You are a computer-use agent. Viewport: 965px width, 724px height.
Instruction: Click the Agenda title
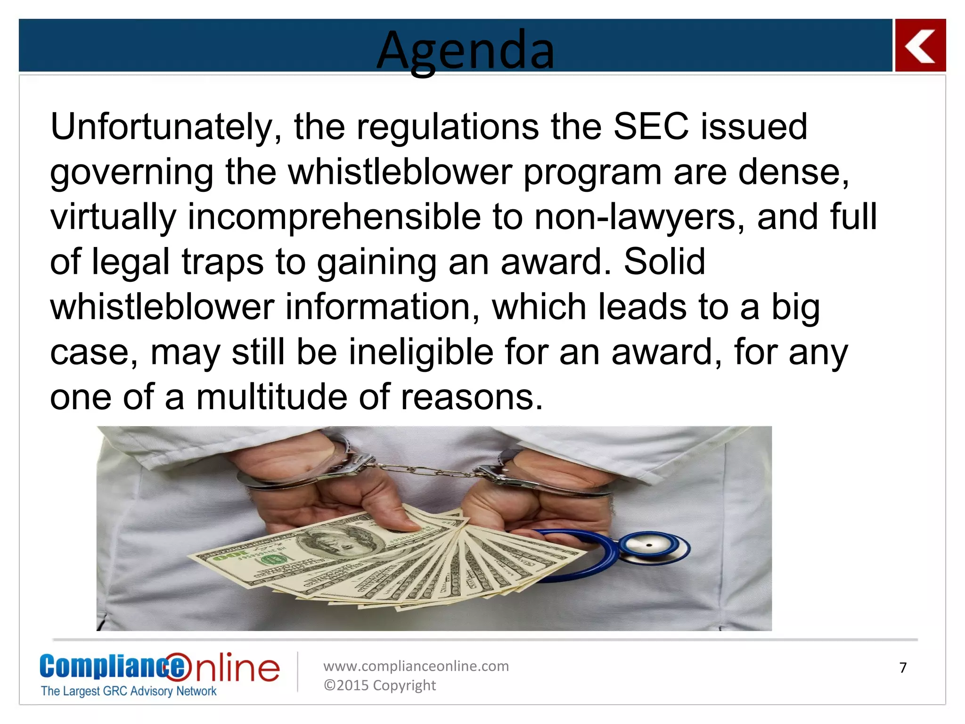click(466, 49)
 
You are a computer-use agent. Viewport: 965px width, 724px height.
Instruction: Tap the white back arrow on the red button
click(920, 46)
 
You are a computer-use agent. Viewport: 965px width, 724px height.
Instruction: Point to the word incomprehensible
click(334, 217)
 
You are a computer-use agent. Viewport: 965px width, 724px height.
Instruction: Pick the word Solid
click(664, 262)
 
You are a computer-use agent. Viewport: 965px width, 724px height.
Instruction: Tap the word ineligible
click(421, 352)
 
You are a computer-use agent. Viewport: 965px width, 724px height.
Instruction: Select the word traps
click(222, 263)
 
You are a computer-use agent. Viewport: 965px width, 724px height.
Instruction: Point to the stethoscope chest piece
click(653, 547)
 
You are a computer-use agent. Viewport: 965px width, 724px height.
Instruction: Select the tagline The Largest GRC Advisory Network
click(128, 691)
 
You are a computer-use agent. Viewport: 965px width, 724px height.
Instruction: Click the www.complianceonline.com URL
click(416, 666)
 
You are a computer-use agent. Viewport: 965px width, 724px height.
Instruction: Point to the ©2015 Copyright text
click(379, 685)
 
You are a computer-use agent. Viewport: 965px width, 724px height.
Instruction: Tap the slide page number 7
click(903, 668)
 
